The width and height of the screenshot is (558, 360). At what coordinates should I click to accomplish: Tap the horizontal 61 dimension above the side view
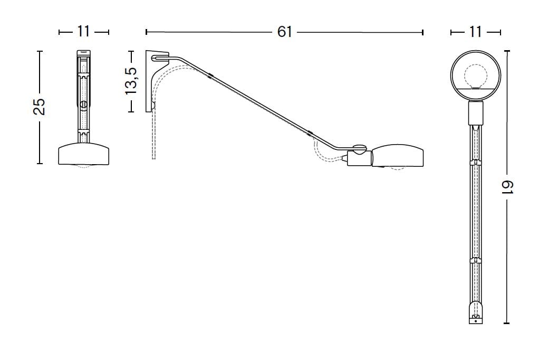[x=284, y=32]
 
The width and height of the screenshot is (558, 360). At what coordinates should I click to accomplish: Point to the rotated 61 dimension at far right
[x=507, y=188]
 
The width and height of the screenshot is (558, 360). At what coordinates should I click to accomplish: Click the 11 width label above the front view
[x=83, y=32]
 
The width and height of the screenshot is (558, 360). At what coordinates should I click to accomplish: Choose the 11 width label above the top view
[x=476, y=32]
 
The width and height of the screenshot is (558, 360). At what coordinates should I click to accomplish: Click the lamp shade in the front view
[x=83, y=154]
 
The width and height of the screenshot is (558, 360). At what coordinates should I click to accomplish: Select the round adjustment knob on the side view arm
[x=360, y=149]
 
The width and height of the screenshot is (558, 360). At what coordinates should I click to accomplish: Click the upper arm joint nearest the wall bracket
[x=210, y=75]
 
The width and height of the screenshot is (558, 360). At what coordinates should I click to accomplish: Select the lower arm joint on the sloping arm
[x=310, y=133]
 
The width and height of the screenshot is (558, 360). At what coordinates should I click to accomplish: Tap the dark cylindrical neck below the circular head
[x=476, y=112]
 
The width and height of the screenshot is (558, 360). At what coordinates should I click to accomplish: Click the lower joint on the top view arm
[x=476, y=260]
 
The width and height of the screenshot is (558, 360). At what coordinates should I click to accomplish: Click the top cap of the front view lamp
[x=83, y=53]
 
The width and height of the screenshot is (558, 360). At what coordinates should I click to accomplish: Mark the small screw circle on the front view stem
[x=83, y=104]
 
